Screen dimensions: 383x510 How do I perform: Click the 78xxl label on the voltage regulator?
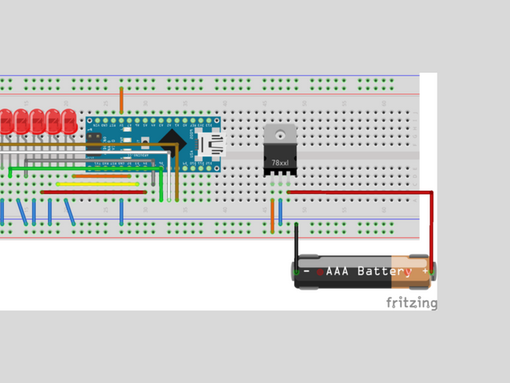(x=280, y=163)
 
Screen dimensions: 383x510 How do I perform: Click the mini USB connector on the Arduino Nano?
(x=211, y=144)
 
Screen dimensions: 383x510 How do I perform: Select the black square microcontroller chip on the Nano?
(x=170, y=144)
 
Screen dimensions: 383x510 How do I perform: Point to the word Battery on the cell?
(x=384, y=271)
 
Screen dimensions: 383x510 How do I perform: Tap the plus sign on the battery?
(x=425, y=271)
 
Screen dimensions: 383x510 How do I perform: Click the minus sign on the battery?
(x=307, y=271)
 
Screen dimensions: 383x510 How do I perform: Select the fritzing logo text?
(x=411, y=302)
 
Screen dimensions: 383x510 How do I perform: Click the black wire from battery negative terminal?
(x=296, y=243)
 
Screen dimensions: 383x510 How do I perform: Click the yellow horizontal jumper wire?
(x=96, y=184)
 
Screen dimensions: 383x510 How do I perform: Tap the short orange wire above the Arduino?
(x=121, y=100)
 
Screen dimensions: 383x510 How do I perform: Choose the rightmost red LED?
(x=69, y=122)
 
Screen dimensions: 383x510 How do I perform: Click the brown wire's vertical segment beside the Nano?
(x=177, y=176)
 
